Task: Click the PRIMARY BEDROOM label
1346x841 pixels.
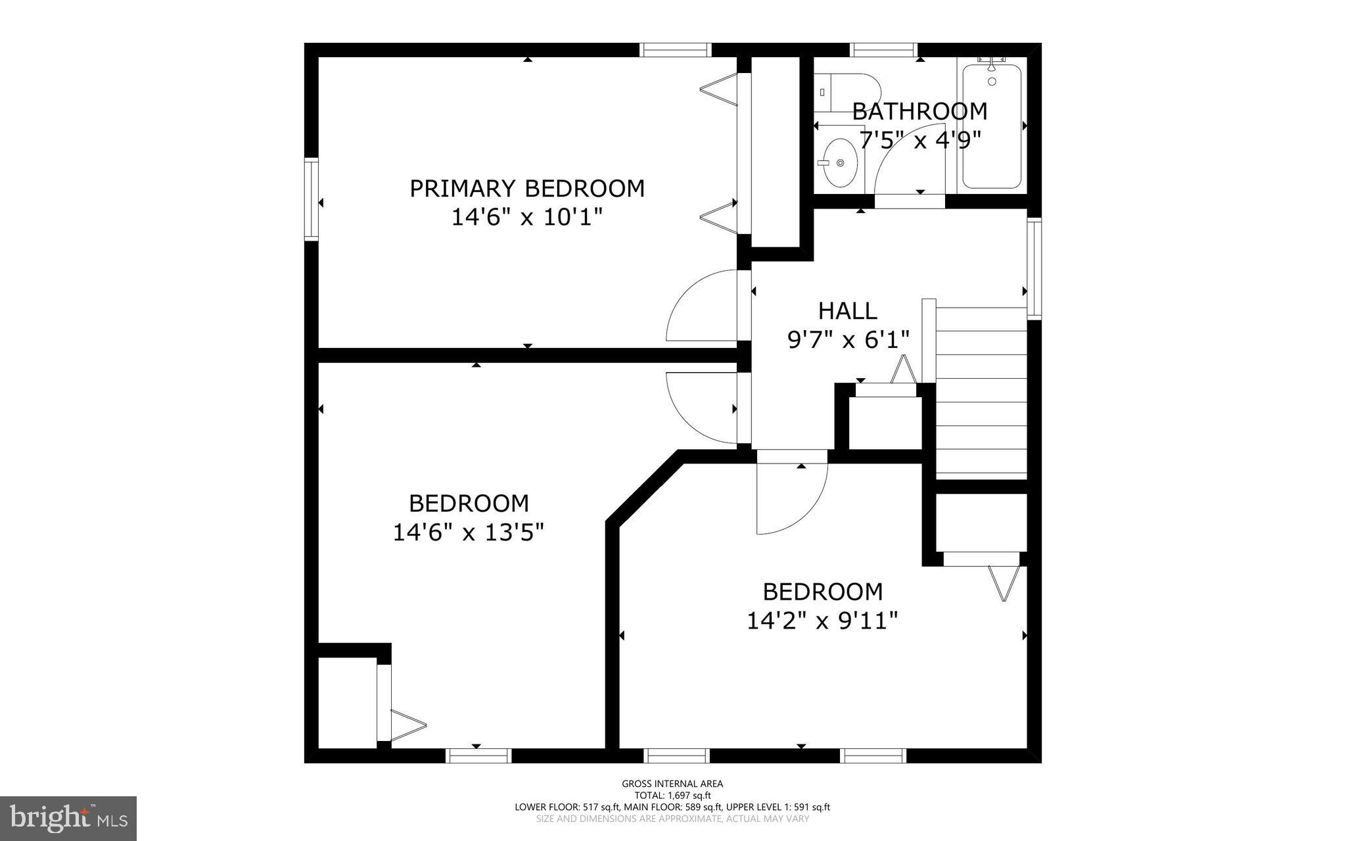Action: click(x=526, y=189)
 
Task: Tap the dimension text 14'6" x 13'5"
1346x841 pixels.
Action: click(x=468, y=532)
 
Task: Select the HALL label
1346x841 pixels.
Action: click(x=847, y=310)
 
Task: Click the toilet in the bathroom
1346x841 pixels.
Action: click(x=848, y=93)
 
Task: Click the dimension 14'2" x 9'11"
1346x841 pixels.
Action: click(x=822, y=620)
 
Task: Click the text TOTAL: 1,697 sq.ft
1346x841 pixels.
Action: click(x=672, y=795)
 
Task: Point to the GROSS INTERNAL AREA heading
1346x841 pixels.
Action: click(x=672, y=783)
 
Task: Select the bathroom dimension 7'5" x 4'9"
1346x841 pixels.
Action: click(x=920, y=139)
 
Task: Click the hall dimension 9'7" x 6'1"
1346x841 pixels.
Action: click(x=848, y=339)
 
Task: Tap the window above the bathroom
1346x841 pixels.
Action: click(x=883, y=49)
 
